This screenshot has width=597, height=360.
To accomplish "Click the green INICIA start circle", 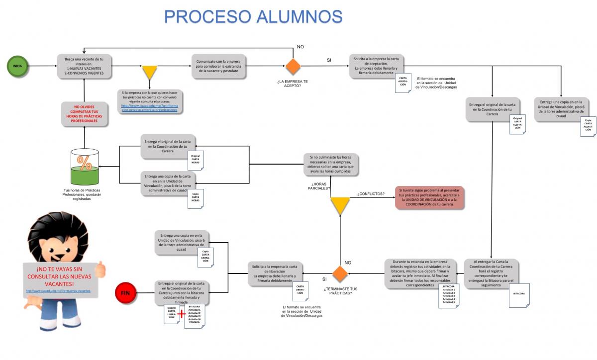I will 17,66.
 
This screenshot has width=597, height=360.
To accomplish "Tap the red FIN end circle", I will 125,292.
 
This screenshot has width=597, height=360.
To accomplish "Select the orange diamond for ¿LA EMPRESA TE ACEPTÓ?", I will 293,67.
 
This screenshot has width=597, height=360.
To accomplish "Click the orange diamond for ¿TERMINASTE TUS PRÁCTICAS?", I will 340,274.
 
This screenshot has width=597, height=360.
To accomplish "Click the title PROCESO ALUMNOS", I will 253,16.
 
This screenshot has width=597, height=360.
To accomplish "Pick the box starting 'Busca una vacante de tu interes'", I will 84,66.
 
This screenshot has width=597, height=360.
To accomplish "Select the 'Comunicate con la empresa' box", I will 219,67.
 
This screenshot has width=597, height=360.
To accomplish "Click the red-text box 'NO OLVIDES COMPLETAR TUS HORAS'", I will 84,114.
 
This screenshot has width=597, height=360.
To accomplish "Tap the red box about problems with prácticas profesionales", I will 430,197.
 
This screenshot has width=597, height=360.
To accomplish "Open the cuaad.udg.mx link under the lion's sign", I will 58,290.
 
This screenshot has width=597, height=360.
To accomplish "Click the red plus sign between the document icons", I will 181,314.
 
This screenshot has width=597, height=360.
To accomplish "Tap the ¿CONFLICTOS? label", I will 371,193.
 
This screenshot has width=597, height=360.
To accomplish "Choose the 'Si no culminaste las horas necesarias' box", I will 331,164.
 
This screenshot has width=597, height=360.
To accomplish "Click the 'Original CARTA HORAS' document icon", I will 196,160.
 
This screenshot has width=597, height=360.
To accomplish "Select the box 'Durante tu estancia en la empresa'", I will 421,273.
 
